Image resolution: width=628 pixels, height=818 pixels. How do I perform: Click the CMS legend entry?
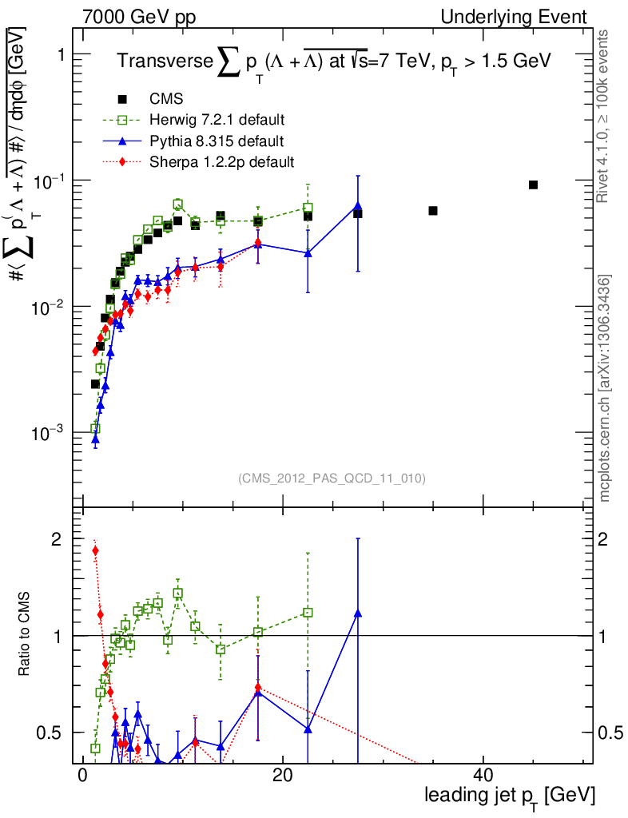tap(166, 99)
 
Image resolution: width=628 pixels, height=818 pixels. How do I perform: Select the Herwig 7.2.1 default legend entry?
tap(217, 121)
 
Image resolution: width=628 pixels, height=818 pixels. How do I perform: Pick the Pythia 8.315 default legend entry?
tap(217, 141)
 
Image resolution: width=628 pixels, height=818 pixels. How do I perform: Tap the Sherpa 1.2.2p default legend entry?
tap(221, 162)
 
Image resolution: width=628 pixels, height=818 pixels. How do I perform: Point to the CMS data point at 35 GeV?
tap(433, 211)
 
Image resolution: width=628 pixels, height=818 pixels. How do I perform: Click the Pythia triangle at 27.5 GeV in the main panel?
tap(358, 206)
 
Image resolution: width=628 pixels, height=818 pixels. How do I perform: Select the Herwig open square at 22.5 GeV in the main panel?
tap(308, 208)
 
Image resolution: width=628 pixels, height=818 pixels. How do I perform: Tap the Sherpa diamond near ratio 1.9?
tap(95, 550)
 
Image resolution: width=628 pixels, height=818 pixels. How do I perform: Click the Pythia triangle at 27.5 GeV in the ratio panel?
tap(358, 613)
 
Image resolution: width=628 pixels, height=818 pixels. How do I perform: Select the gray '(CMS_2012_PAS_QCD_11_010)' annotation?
tap(332, 478)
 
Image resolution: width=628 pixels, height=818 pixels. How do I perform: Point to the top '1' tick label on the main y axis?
tap(58, 54)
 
